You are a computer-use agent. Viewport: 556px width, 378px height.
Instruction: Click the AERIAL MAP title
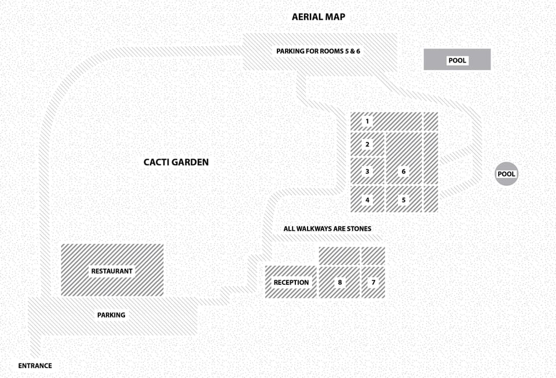coord(318,17)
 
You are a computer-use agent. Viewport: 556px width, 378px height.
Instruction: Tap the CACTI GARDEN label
coord(176,163)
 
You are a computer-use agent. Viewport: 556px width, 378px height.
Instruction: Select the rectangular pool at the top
coord(457,60)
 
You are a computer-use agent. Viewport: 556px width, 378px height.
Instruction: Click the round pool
coord(506,174)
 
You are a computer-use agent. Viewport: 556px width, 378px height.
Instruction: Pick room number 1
coord(367,122)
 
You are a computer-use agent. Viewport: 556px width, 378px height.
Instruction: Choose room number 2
coord(367,144)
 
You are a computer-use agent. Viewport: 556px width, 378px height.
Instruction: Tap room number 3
coord(367,171)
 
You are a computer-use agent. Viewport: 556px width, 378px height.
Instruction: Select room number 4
coord(367,200)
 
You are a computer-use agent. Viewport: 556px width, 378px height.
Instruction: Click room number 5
coord(404,200)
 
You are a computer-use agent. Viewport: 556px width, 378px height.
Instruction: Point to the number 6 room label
coord(404,171)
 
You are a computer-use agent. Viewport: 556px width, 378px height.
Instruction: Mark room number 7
coord(374,282)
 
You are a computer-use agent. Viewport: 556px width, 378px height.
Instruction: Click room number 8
coord(339,282)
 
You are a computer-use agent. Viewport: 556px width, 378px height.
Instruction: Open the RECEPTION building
coord(291,282)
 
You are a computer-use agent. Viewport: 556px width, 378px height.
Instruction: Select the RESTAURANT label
coord(112,271)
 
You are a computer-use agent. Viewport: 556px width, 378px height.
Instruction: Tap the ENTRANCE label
coord(35,366)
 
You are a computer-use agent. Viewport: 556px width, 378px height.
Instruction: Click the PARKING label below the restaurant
coord(111,315)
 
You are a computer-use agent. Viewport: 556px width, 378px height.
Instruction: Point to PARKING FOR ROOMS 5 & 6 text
coord(318,52)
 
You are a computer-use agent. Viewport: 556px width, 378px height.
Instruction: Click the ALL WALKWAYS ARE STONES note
coord(327,229)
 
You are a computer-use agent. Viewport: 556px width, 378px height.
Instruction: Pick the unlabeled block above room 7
coord(374,255)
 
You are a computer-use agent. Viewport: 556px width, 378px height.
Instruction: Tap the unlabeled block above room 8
coord(339,255)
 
